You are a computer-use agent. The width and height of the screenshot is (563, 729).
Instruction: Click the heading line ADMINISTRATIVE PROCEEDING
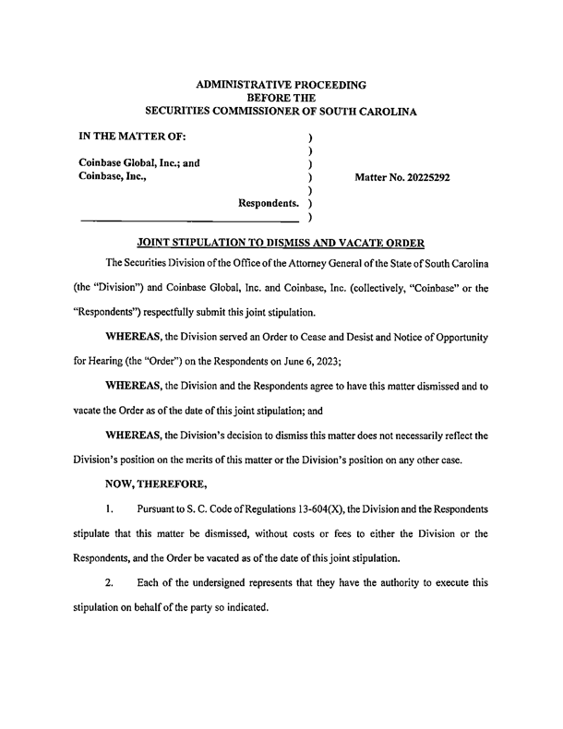(281, 84)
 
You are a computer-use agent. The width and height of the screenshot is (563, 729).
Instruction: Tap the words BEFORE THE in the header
(281, 98)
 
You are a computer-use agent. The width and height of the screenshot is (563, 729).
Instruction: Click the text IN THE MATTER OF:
(133, 137)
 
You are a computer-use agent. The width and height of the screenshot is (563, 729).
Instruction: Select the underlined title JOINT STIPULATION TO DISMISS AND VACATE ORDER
(281, 243)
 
